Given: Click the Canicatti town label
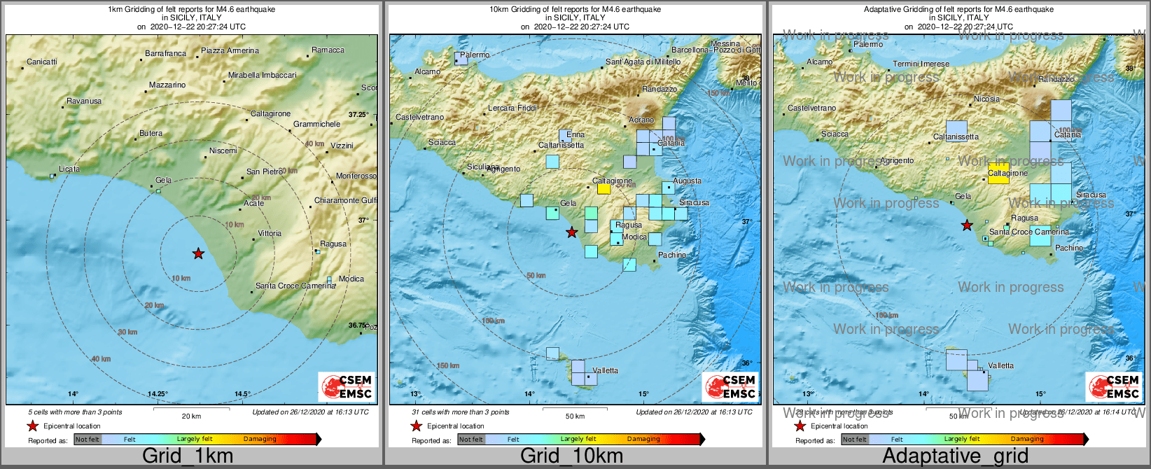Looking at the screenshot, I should click(x=42, y=62).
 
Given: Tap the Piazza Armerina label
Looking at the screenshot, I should click(x=230, y=50).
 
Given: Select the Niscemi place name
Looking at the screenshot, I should click(x=223, y=150).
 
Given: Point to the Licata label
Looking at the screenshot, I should click(x=69, y=169).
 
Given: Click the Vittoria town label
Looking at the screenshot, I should click(x=270, y=233).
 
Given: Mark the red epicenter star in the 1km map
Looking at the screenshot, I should click(x=198, y=253).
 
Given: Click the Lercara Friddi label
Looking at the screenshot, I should click(x=512, y=108).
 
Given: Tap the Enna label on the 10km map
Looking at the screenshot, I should click(x=575, y=134).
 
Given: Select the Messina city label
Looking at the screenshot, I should click(x=725, y=43).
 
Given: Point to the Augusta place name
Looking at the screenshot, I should click(x=687, y=181).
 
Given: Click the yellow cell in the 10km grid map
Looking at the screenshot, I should click(x=604, y=188).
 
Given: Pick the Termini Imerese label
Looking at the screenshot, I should click(x=921, y=64).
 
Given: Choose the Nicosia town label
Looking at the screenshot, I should click(x=987, y=99).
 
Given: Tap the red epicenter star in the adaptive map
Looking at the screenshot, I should click(x=967, y=225).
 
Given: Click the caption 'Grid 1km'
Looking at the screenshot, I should click(x=188, y=456).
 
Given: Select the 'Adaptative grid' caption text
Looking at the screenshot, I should click(x=955, y=456).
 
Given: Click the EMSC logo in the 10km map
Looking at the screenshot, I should click(x=731, y=387).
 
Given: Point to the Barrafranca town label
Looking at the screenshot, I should click(x=166, y=53).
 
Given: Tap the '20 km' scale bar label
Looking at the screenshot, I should click(x=191, y=416).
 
